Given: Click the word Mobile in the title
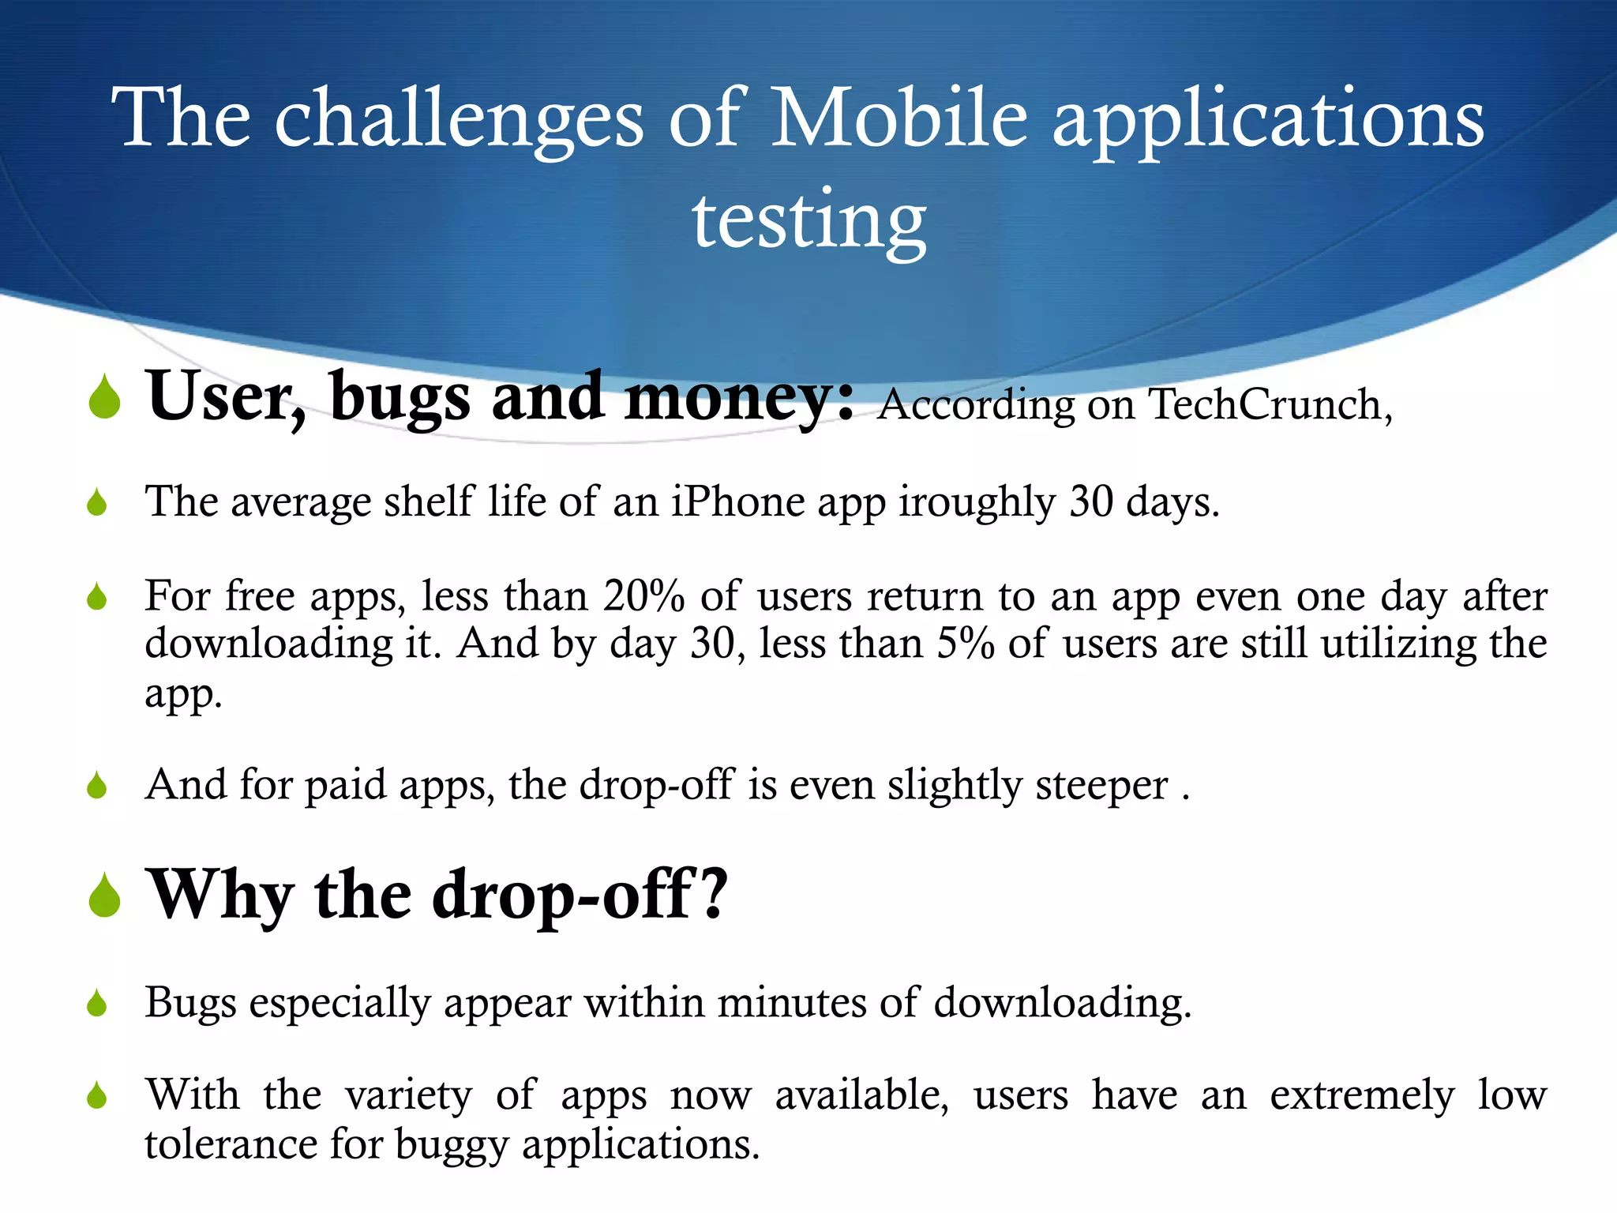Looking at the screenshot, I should click(x=899, y=118).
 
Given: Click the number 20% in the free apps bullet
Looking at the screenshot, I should click(x=643, y=596).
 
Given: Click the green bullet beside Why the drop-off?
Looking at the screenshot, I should click(x=104, y=896).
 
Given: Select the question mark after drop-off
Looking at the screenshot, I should click(x=712, y=894).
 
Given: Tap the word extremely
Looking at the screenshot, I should click(x=1361, y=1096).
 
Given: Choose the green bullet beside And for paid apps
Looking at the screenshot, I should click(x=97, y=786).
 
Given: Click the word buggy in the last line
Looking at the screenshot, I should click(x=451, y=1145).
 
